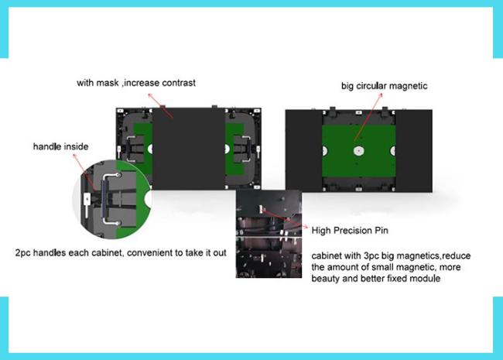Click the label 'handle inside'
(x=60, y=146)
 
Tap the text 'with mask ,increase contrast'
(x=136, y=83)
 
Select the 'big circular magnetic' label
(x=385, y=86)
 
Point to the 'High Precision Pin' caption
(x=350, y=231)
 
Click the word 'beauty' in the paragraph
(x=326, y=279)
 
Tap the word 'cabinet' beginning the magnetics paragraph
(x=326, y=255)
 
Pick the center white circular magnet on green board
(x=358, y=151)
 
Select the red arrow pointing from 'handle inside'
(x=84, y=172)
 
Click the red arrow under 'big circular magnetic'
(x=368, y=116)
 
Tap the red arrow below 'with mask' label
(x=160, y=105)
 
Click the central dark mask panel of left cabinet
(x=188, y=149)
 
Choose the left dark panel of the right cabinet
(x=304, y=151)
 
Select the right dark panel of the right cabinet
(x=414, y=151)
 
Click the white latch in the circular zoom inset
(x=87, y=203)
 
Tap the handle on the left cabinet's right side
(x=246, y=149)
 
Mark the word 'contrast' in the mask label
(x=179, y=83)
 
